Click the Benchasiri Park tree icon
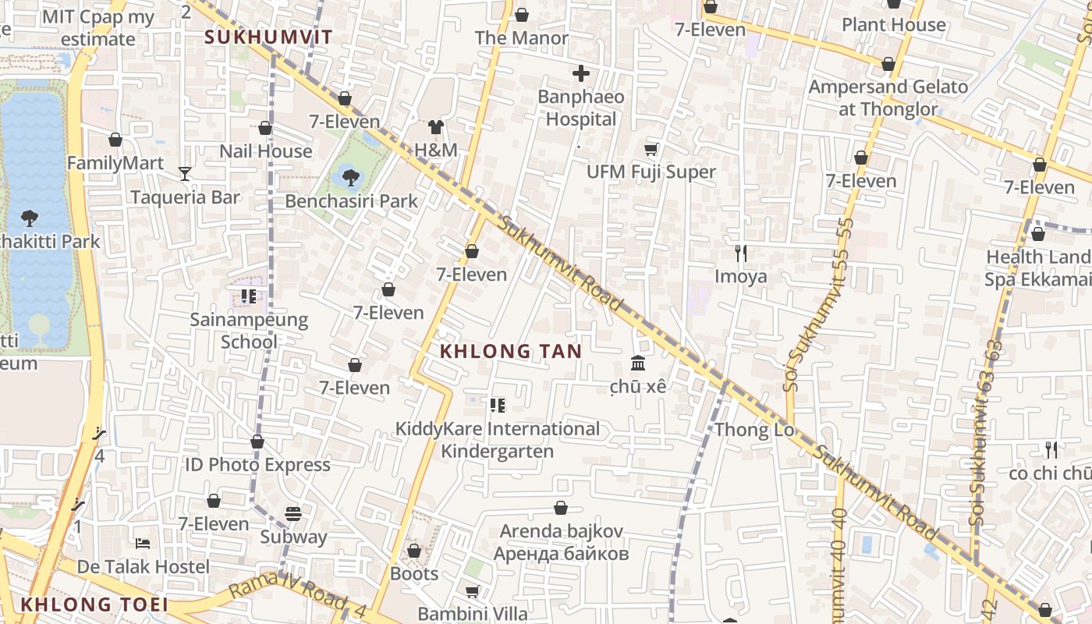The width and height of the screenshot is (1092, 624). click(x=350, y=178)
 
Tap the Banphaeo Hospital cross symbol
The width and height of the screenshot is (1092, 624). click(x=581, y=74)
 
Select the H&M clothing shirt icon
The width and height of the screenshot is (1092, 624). click(x=435, y=127)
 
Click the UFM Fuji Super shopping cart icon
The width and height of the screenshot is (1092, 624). click(x=651, y=149)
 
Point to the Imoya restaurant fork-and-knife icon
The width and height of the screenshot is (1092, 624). click(x=741, y=253)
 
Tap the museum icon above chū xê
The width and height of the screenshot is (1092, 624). click(x=638, y=363)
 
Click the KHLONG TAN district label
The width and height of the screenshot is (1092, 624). click(x=511, y=352)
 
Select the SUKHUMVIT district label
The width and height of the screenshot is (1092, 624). click(x=268, y=37)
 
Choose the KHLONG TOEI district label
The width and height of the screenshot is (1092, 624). click(x=94, y=604)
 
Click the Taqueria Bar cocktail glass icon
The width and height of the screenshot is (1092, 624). click(x=185, y=173)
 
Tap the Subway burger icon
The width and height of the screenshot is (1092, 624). click(x=293, y=514)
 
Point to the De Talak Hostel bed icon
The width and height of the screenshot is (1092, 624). click(x=143, y=543)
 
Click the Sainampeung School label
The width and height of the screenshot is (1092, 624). click(x=249, y=331)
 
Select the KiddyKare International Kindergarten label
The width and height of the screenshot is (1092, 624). click(x=498, y=440)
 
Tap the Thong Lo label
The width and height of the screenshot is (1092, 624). click(x=754, y=430)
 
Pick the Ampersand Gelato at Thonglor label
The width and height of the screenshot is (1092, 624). click(x=888, y=97)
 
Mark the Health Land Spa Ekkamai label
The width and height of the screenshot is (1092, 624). click(x=1037, y=268)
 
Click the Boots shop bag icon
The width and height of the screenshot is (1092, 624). click(x=414, y=551)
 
